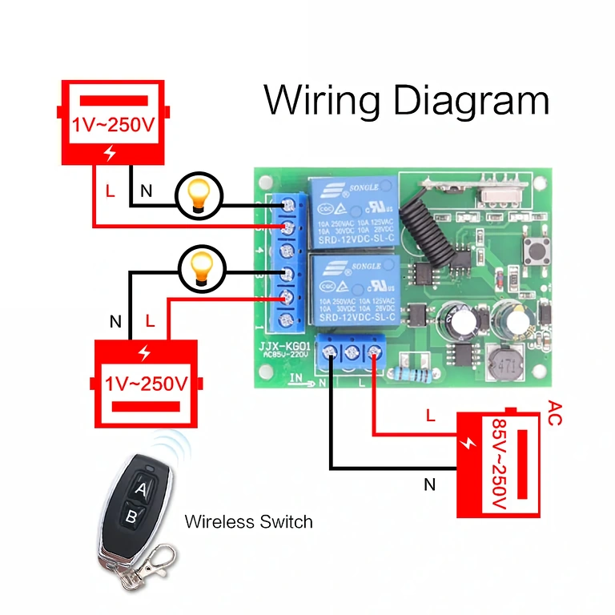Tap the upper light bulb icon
198,195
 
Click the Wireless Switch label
248,522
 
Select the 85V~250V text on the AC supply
498,464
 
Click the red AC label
555,414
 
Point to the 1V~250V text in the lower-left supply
147,384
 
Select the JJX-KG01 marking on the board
285,348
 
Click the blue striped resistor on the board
413,373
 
